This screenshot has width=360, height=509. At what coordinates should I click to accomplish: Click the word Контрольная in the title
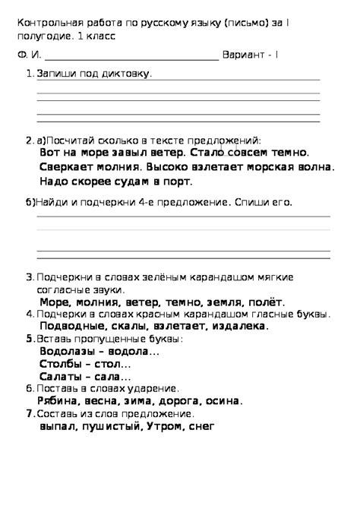pyautogui.click(x=47, y=23)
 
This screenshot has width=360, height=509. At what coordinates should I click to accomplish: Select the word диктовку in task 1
pyautogui.click(x=130, y=74)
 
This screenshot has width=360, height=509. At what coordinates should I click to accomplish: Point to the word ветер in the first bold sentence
pyautogui.click(x=162, y=153)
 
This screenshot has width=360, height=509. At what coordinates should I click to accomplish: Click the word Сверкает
pyautogui.click(x=65, y=167)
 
